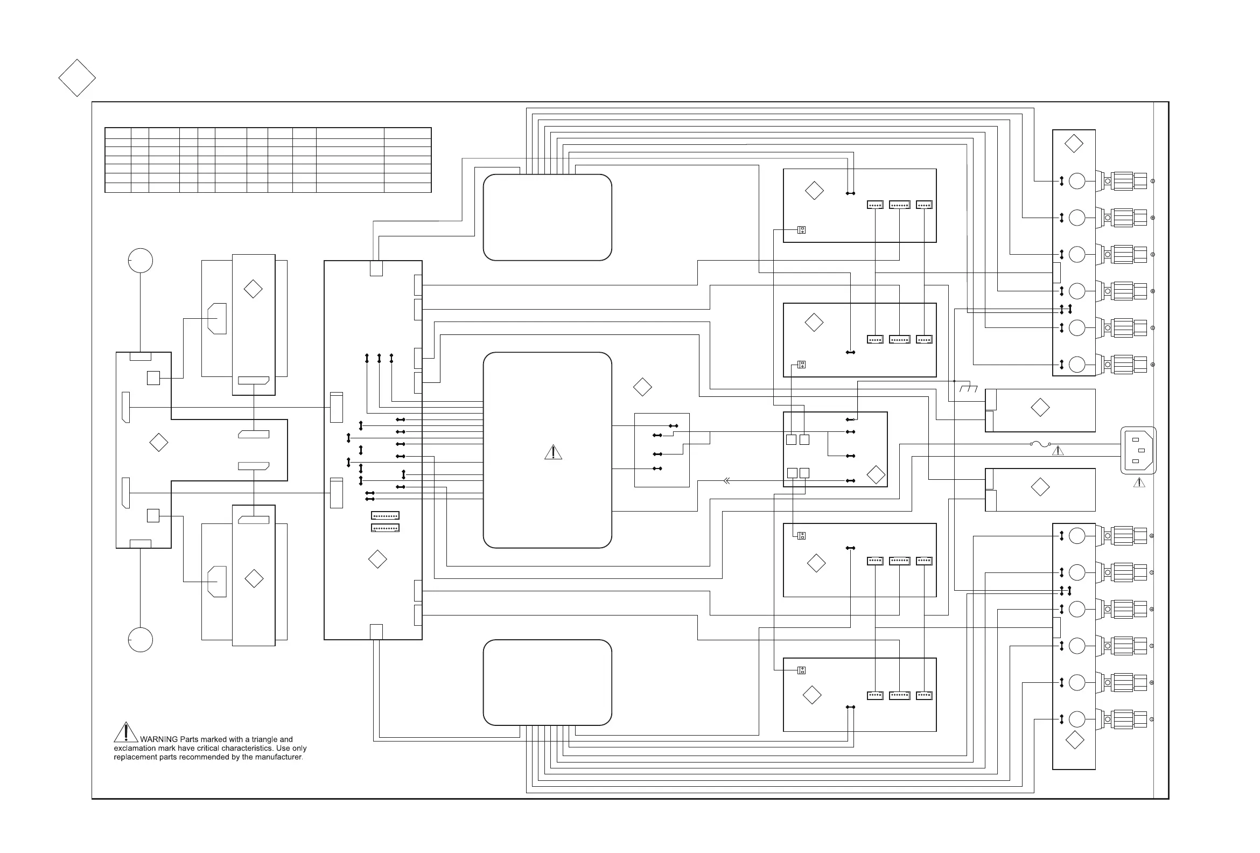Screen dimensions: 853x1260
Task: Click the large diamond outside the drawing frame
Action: point(77,78)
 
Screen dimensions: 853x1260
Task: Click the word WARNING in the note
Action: point(159,739)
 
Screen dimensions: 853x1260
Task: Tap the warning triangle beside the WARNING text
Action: point(126,732)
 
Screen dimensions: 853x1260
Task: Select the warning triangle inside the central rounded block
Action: point(553,452)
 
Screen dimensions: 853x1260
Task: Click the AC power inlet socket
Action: point(1138,450)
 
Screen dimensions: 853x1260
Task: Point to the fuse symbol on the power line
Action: point(1040,444)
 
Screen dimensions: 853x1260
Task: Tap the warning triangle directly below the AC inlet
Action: point(1139,482)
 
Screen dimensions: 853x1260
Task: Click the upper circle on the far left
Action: point(141,261)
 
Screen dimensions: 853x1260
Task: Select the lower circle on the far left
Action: point(141,640)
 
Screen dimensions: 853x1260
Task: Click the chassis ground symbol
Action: point(968,388)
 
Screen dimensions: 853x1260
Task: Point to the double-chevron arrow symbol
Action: point(726,481)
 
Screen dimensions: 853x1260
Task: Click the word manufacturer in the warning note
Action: point(279,757)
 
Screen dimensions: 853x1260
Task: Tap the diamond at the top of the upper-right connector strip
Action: point(1074,144)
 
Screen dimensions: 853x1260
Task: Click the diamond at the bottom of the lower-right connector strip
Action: point(1075,740)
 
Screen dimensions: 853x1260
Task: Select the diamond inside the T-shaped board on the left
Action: point(159,443)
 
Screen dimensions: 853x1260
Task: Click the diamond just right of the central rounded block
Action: point(642,387)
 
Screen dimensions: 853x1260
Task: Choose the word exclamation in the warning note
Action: point(135,749)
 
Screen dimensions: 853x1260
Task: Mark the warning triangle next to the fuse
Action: point(1058,451)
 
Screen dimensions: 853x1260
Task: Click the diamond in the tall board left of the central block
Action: point(377,559)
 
